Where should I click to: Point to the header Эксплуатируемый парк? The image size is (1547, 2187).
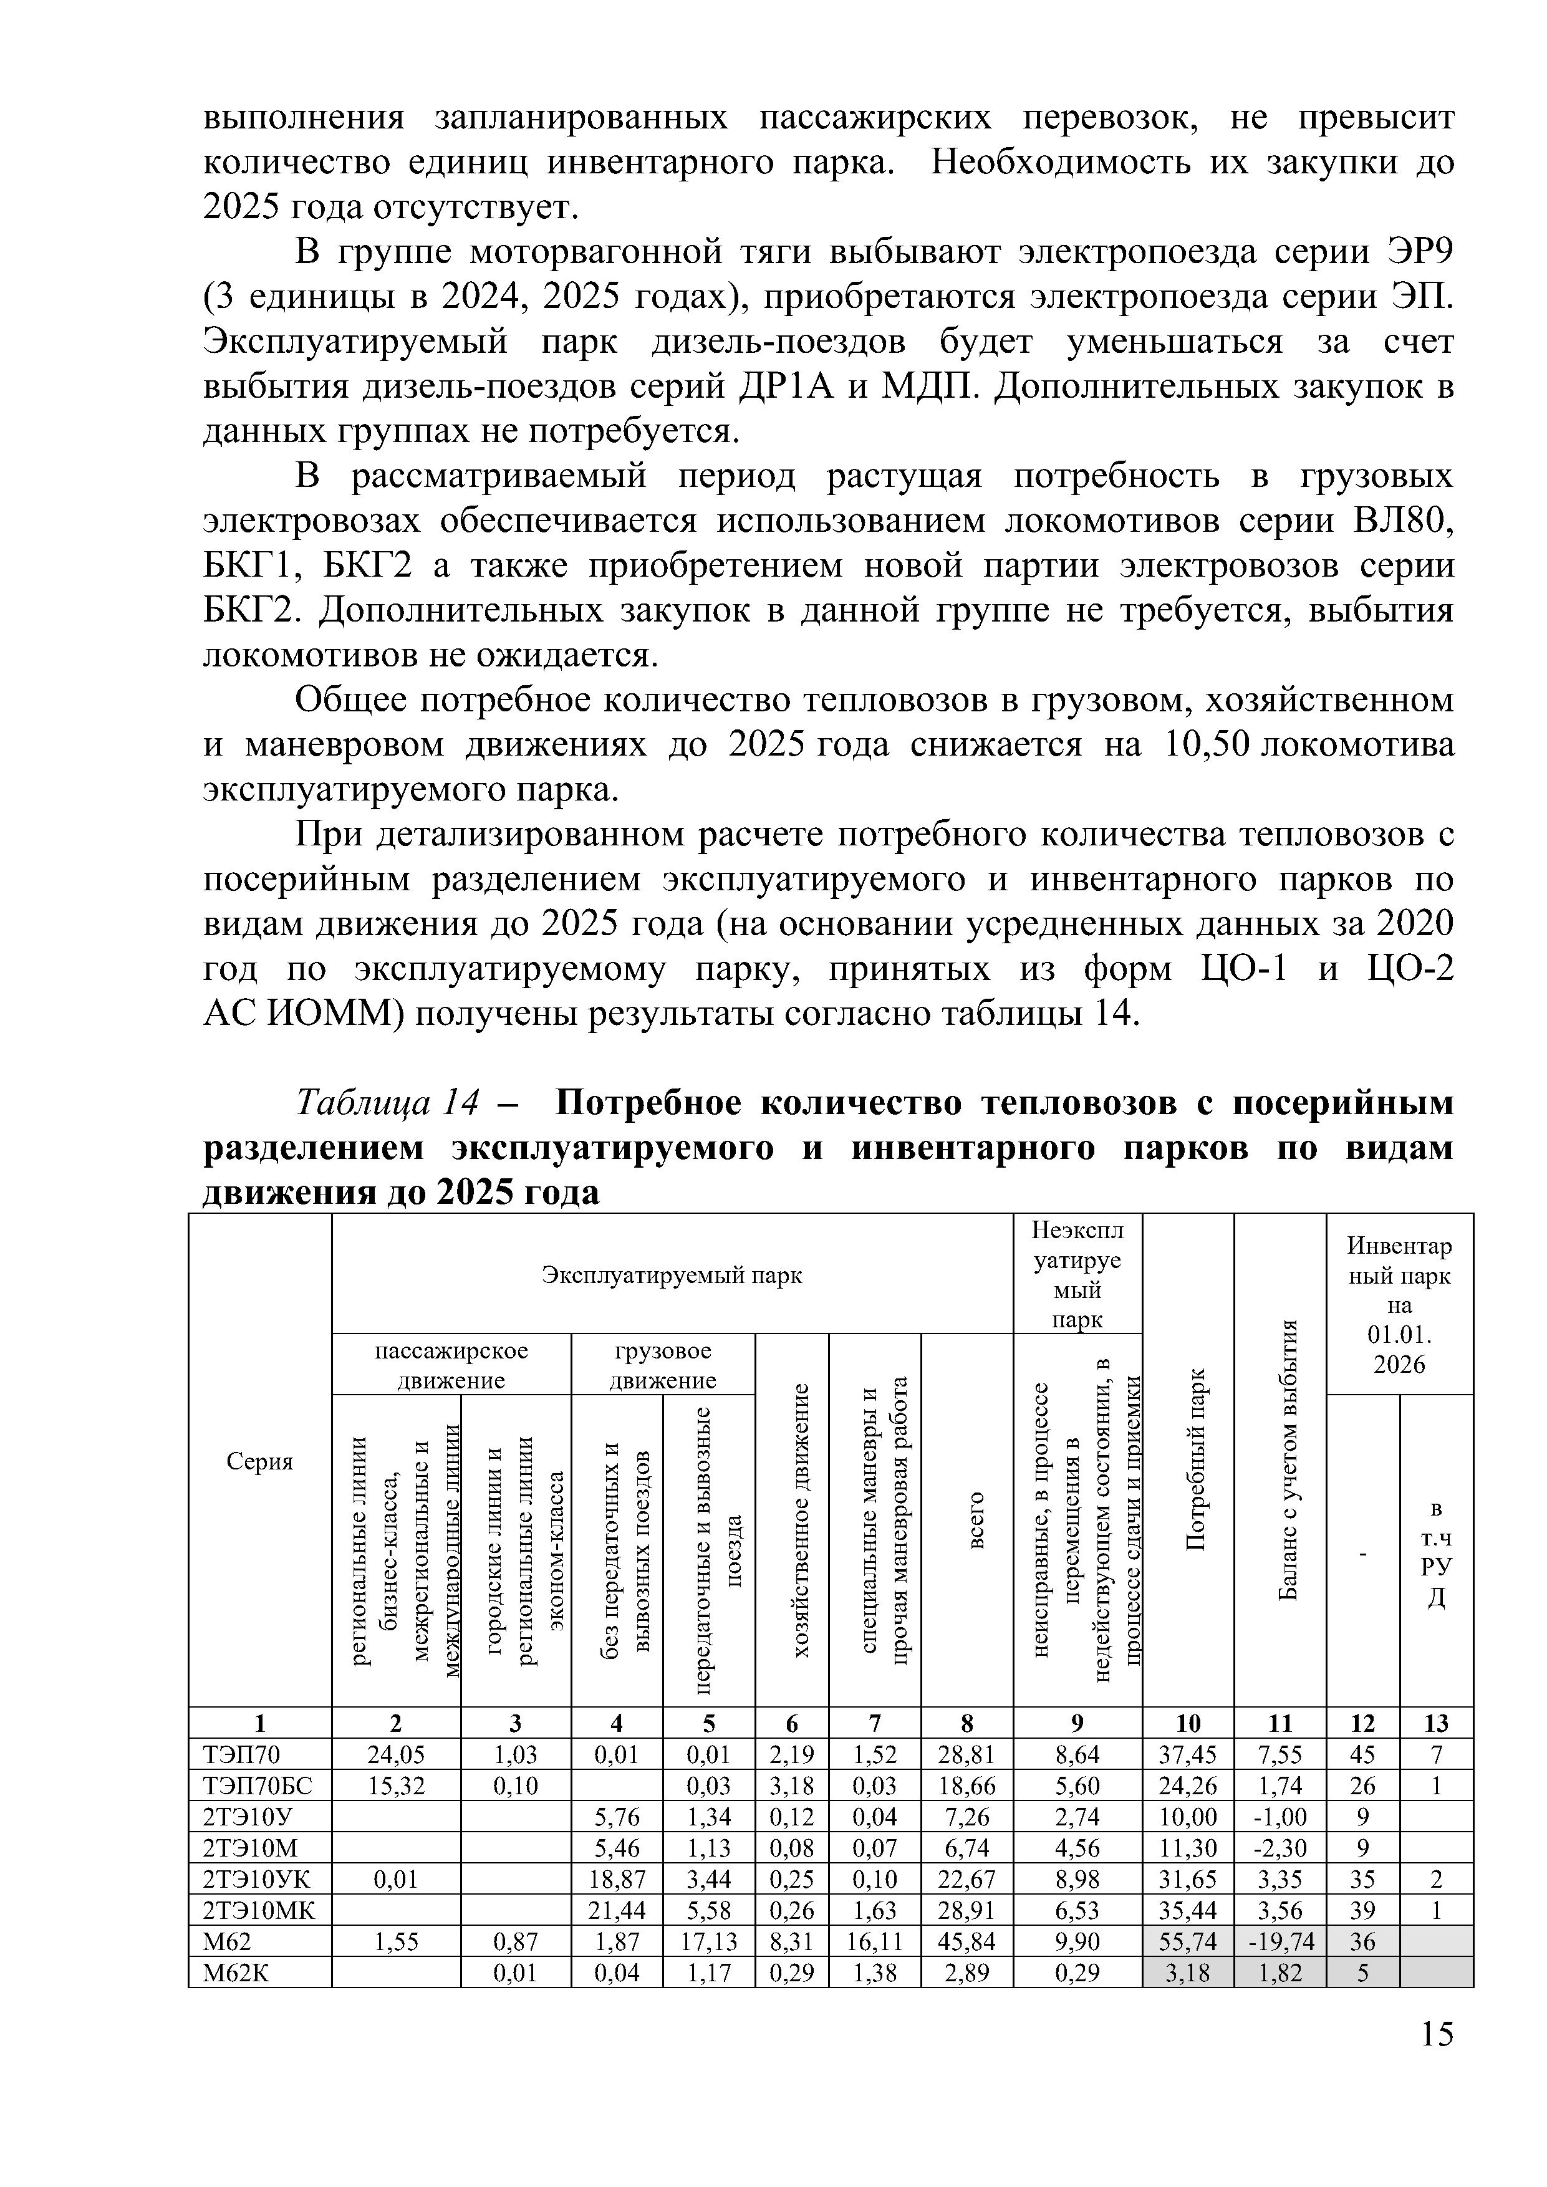pyautogui.click(x=672, y=1274)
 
